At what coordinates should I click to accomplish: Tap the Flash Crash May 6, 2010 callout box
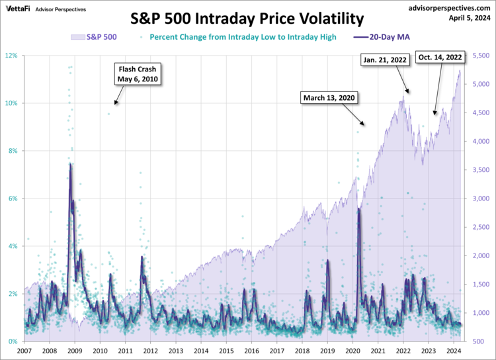[139, 73]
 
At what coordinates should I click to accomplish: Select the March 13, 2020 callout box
[329, 98]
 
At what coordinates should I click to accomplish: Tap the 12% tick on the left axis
[13, 56]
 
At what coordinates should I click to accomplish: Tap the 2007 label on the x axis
[24, 351]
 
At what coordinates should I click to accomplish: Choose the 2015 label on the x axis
[226, 351]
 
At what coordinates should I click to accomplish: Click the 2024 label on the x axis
[453, 351]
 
